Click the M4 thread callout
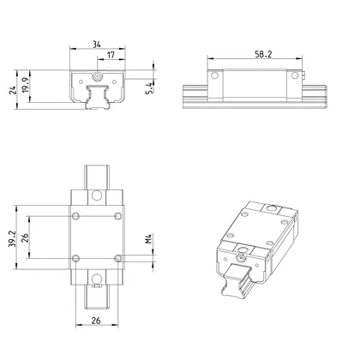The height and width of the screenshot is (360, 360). pos(148,236)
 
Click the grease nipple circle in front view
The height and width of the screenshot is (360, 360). pos(98,76)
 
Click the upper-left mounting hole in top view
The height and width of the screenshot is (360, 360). pos(77,214)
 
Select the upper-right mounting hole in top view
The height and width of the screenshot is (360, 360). pos(119,214)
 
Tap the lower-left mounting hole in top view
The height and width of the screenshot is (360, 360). pos(77,258)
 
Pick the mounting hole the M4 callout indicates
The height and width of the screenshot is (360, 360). pos(119,258)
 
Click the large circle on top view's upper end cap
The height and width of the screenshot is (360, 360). pos(98,195)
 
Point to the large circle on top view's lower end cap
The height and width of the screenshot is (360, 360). pos(98,277)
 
